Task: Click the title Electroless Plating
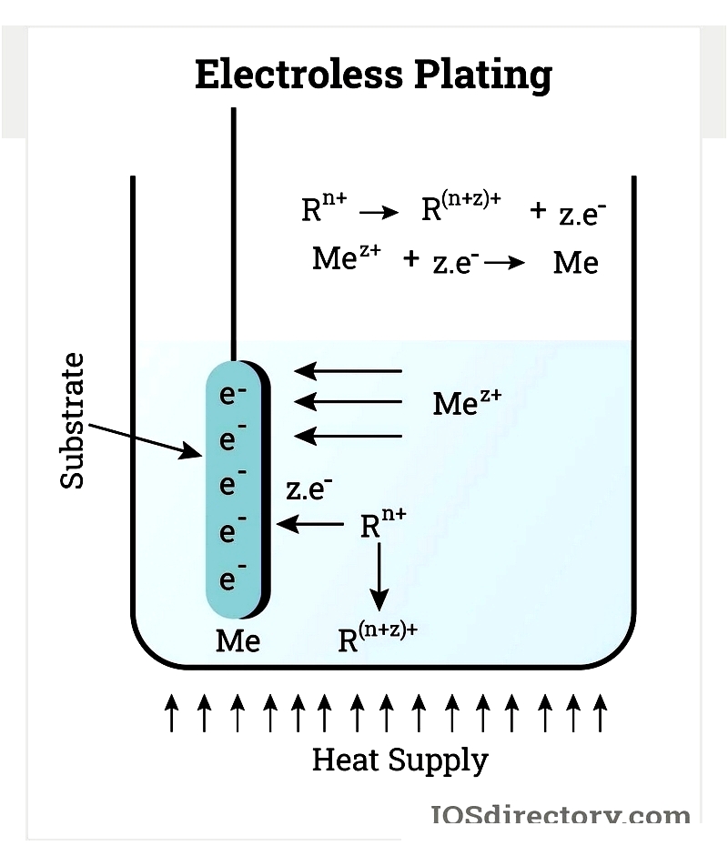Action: (373, 75)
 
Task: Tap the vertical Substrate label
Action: (73, 420)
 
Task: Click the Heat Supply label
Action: (399, 759)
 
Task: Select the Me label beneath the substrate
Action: (238, 641)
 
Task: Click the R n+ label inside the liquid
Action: (382, 524)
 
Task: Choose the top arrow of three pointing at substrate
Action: (348, 370)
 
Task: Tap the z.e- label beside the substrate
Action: (308, 489)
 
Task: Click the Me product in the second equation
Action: (575, 263)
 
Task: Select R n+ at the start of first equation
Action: (324, 209)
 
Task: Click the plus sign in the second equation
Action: (411, 259)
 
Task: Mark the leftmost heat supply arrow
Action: (171, 711)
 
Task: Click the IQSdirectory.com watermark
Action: (559, 816)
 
